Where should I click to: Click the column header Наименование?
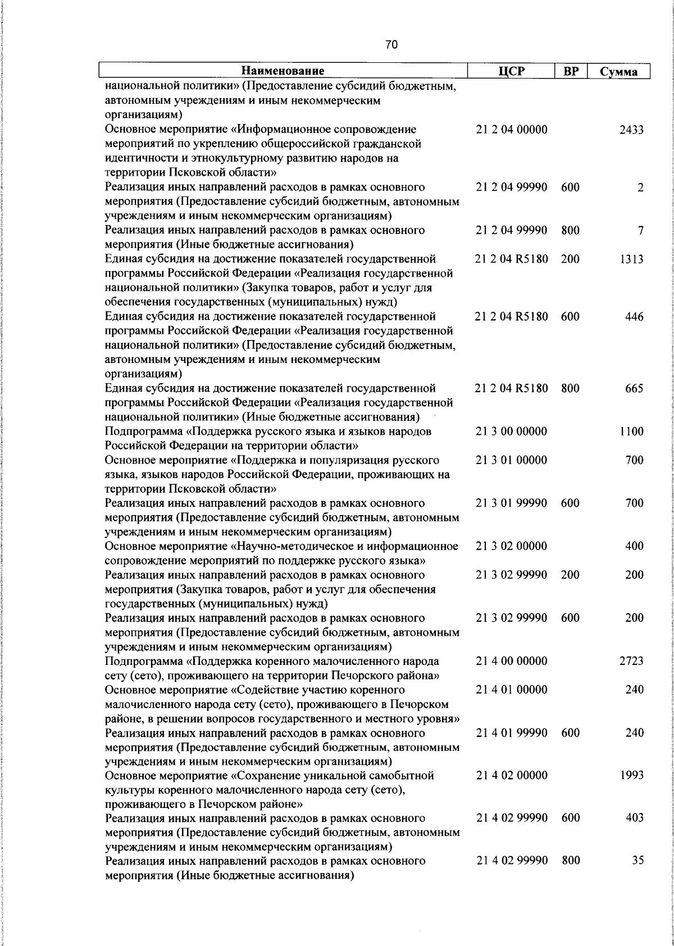[283, 71]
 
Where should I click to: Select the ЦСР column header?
[511, 71]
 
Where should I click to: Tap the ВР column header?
[571, 71]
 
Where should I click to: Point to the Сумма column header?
[618, 71]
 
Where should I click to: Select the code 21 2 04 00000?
[511, 130]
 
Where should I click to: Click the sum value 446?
[634, 316]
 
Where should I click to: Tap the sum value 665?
[634, 388]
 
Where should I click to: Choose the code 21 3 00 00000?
[511, 431]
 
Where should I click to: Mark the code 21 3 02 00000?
[511, 546]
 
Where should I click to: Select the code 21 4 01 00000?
[511, 690]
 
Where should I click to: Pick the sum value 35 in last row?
[637, 861]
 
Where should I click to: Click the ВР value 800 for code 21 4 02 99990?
[570, 861]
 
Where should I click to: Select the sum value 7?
[640, 231]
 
